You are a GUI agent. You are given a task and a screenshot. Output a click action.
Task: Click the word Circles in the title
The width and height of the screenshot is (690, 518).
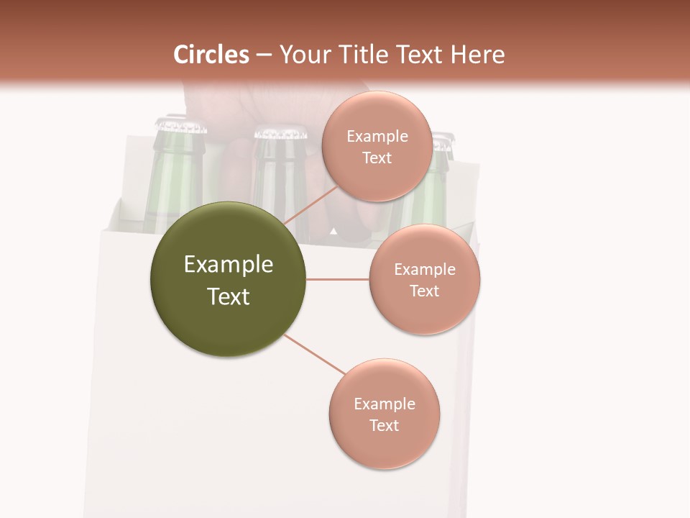[x=211, y=55]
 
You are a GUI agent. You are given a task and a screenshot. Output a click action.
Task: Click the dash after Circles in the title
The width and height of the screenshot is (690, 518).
[x=264, y=55]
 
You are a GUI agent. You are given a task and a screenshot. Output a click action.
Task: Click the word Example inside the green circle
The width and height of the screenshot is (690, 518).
[x=229, y=265]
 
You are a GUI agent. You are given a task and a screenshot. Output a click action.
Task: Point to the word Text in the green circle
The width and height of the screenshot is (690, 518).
[x=229, y=296]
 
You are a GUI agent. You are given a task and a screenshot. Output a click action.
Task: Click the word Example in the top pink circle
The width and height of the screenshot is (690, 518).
[x=377, y=137]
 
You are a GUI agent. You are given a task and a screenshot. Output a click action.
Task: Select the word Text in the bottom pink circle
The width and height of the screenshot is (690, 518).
[x=384, y=425]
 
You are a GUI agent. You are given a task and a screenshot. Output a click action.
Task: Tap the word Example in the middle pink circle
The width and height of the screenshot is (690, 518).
[x=425, y=269]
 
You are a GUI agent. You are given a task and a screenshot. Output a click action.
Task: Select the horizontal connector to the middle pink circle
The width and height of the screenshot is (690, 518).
[x=337, y=279]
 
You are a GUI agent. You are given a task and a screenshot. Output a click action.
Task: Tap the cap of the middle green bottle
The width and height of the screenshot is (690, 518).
[x=280, y=132]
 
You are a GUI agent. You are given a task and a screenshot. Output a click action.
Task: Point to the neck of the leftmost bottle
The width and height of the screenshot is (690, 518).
[x=175, y=165]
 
